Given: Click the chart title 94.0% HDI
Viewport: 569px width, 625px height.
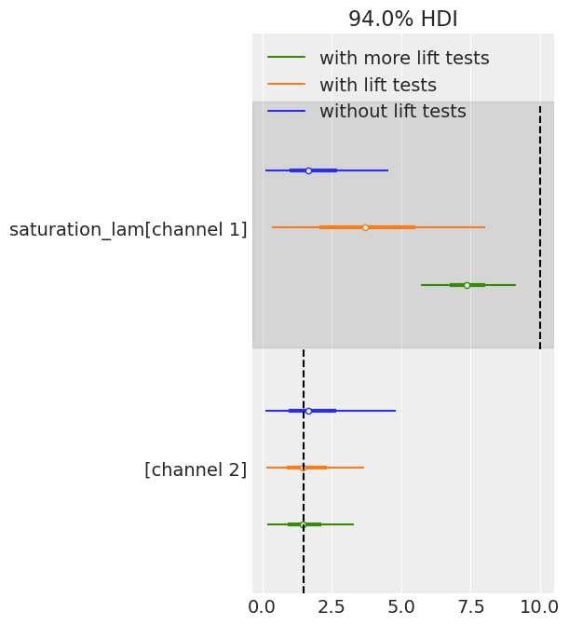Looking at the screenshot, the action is pyautogui.click(x=403, y=19).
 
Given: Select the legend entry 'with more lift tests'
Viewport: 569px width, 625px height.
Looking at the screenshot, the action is pyautogui.click(x=404, y=58).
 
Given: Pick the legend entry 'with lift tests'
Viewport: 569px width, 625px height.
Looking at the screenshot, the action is pyautogui.click(x=378, y=85).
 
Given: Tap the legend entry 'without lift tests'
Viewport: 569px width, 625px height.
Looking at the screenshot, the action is pyautogui.click(x=392, y=111).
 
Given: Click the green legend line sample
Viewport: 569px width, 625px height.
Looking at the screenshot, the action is pyautogui.click(x=287, y=58).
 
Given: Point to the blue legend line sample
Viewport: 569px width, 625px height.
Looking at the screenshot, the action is pyautogui.click(x=287, y=111).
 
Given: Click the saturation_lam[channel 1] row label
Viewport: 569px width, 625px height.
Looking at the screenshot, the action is pyautogui.click(x=129, y=229).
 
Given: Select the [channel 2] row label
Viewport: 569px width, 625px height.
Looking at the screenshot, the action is pyautogui.click(x=196, y=469).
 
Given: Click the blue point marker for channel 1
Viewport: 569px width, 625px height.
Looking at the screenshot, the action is pyautogui.click(x=308, y=170).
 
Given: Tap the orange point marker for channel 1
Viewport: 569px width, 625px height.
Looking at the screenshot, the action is pyautogui.click(x=365, y=227).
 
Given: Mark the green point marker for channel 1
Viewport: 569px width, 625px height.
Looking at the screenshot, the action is pyautogui.click(x=467, y=285).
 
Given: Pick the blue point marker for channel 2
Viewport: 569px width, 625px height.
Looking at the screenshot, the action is pyautogui.click(x=308, y=411).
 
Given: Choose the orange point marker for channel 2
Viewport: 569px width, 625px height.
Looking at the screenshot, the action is pyautogui.click(x=303, y=468).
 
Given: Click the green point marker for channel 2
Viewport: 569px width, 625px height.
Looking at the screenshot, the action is pyautogui.click(x=303, y=524).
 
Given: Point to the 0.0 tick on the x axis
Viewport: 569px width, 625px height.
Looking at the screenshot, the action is pyautogui.click(x=263, y=607).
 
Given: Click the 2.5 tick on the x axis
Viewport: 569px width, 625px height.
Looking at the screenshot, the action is pyautogui.click(x=332, y=607).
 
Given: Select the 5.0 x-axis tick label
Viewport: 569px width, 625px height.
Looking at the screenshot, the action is pyautogui.click(x=400, y=607).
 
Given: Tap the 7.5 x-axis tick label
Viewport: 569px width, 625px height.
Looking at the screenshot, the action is pyautogui.click(x=470, y=607).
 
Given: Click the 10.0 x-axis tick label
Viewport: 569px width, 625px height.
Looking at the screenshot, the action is pyautogui.click(x=539, y=607).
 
